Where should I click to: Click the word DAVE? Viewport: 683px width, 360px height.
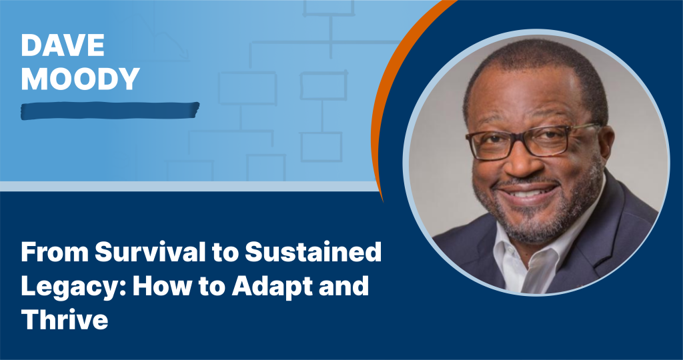tap(63, 45)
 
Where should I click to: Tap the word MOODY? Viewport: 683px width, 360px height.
tap(81, 79)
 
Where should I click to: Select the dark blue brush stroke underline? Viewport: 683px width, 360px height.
tap(110, 111)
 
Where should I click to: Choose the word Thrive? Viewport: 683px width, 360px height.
tap(65, 320)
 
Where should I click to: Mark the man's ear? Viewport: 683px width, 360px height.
tap(607, 146)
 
